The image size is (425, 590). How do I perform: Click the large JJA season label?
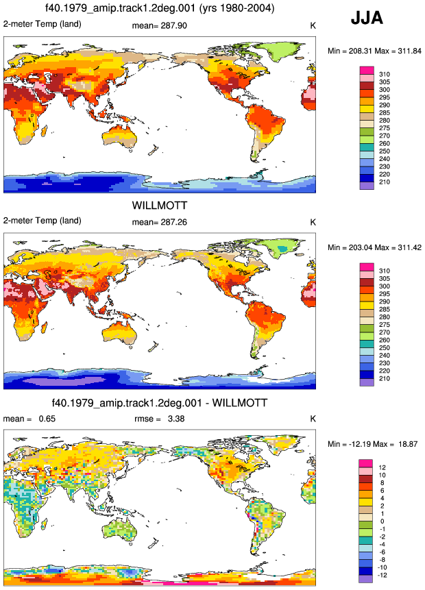coord(367,18)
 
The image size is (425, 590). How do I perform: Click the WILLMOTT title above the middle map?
coord(160,206)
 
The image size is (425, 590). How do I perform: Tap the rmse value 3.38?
coord(175,419)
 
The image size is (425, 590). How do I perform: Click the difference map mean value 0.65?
coord(47,419)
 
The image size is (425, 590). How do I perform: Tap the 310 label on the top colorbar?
coord(385,74)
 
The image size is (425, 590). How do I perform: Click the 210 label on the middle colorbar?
coord(385,378)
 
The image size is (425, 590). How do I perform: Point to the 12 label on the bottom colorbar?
coord(382,467)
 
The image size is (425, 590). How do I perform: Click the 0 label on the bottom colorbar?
coord(382,521)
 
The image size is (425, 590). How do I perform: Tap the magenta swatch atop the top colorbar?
coord(367,71)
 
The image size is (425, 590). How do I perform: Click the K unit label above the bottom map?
coord(313,419)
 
